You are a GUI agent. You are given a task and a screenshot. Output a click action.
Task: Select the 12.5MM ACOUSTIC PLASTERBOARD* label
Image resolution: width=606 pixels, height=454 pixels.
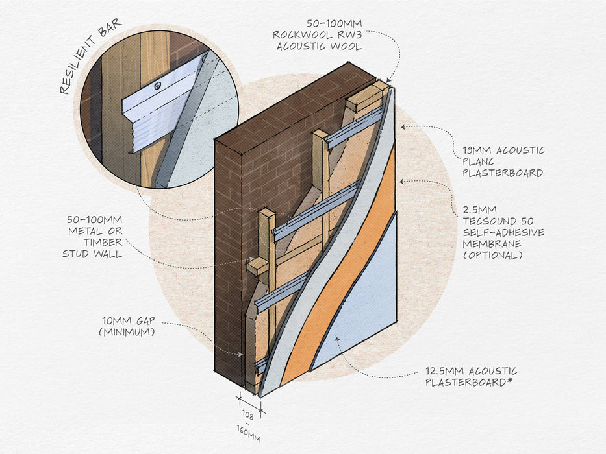coord(471,376)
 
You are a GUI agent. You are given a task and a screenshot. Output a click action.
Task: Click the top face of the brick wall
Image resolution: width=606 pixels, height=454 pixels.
coord(286,104)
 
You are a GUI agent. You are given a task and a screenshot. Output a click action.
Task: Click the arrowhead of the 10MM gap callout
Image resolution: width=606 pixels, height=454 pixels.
coord(241,355)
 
